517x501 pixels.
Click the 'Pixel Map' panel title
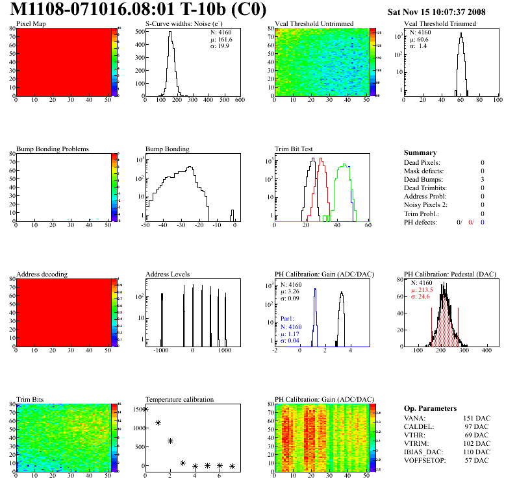click(x=31, y=24)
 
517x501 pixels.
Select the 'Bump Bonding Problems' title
click(x=53, y=149)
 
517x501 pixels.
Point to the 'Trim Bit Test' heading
click(x=294, y=149)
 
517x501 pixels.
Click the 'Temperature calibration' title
click(x=179, y=399)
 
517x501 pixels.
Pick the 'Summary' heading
click(x=420, y=153)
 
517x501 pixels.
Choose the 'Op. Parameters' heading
click(x=430, y=408)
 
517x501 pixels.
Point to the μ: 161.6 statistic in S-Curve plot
click(x=221, y=40)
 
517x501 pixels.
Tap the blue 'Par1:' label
click(x=288, y=319)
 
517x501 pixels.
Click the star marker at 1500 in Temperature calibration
click(x=145, y=409)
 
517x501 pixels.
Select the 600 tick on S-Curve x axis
click(x=239, y=101)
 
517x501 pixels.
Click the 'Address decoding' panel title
click(x=42, y=274)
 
